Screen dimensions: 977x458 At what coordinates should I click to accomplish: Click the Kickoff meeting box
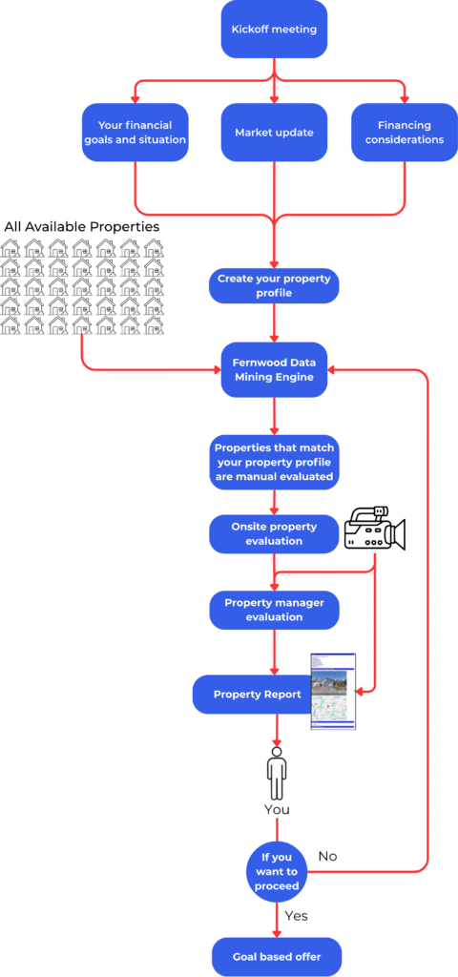(x=275, y=29)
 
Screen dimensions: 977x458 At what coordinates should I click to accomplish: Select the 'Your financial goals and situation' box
(x=136, y=132)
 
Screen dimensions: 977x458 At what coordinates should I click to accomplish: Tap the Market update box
(x=275, y=132)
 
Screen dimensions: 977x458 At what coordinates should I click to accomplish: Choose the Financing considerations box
(x=404, y=132)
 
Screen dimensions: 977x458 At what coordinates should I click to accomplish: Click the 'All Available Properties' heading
(x=82, y=226)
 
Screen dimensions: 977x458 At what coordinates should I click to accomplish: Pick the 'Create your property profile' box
(x=275, y=285)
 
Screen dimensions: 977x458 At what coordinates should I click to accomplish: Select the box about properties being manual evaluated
(x=275, y=462)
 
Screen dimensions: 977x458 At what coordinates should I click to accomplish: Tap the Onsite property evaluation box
(x=275, y=533)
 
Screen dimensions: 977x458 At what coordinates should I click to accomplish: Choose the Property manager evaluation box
(x=275, y=610)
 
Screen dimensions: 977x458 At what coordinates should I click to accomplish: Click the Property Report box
(x=257, y=694)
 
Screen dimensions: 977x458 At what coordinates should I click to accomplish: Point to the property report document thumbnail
(x=333, y=692)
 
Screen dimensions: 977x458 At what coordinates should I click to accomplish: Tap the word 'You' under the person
(x=277, y=809)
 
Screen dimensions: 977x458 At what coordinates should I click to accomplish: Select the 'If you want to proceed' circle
(x=277, y=870)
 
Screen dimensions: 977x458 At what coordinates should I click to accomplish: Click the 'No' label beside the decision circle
(x=327, y=856)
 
